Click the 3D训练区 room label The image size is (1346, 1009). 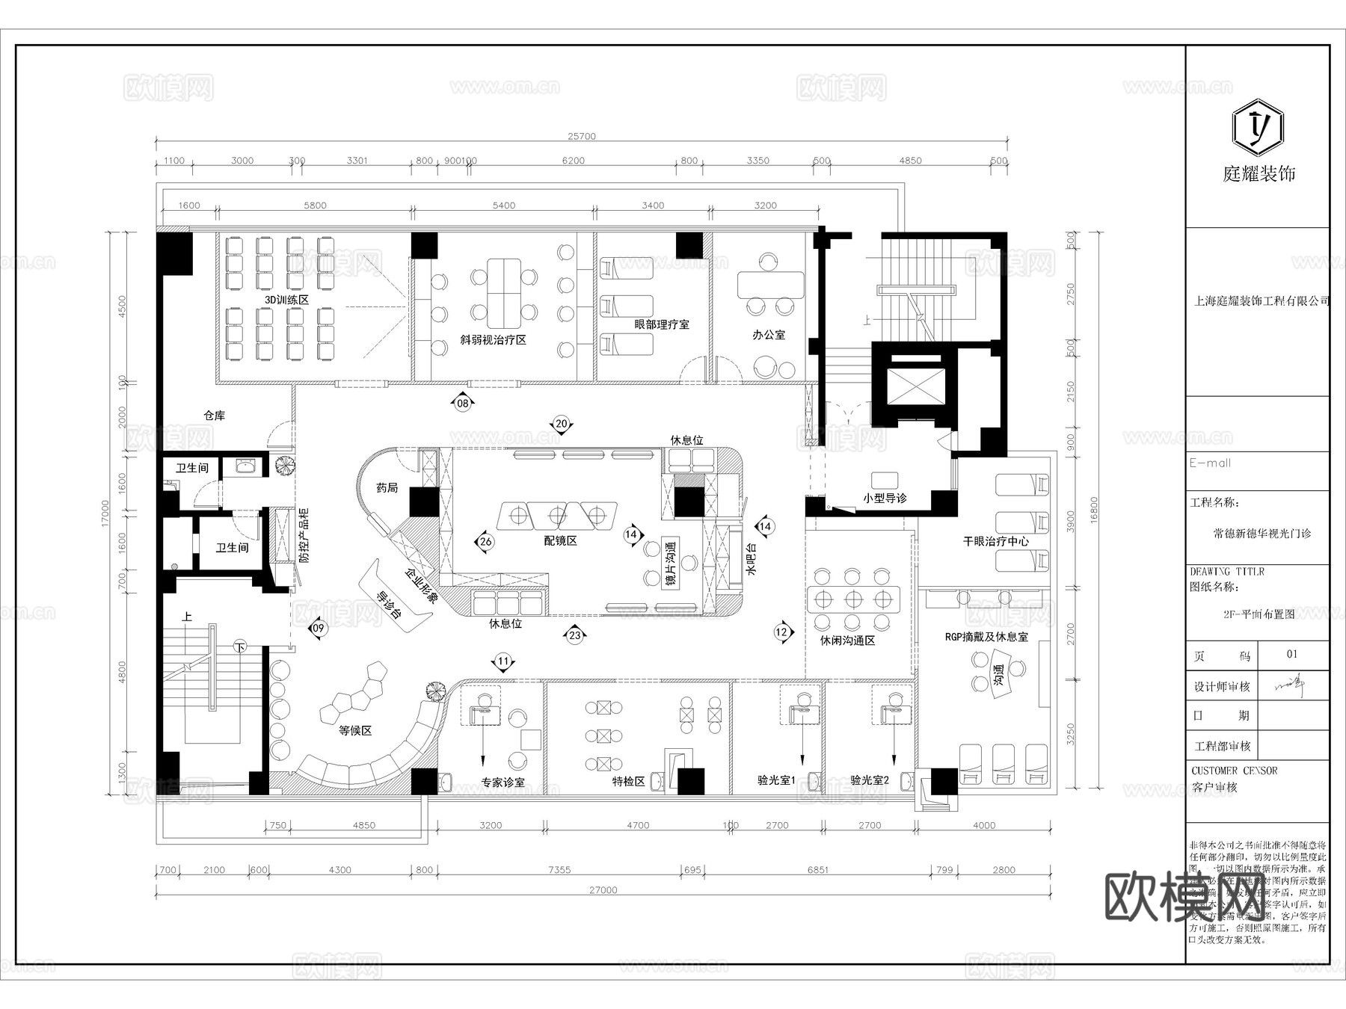point(286,299)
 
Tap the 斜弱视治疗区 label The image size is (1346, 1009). point(493,339)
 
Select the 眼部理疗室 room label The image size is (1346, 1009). point(661,324)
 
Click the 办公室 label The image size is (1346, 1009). point(769,335)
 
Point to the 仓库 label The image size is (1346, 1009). point(215,416)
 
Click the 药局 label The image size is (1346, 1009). point(387,488)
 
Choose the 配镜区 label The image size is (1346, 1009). point(560,540)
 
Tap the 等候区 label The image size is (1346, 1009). point(355,730)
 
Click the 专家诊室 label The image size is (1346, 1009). point(503,782)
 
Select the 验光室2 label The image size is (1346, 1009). point(870,780)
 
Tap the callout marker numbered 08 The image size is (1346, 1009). point(463,404)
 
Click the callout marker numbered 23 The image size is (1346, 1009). point(574,636)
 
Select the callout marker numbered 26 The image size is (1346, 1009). point(485,542)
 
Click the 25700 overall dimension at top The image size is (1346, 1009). point(581,136)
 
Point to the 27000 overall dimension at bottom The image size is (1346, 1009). point(603,890)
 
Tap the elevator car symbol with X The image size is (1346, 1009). point(915,385)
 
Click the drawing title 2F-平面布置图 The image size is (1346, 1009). point(1259,614)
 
